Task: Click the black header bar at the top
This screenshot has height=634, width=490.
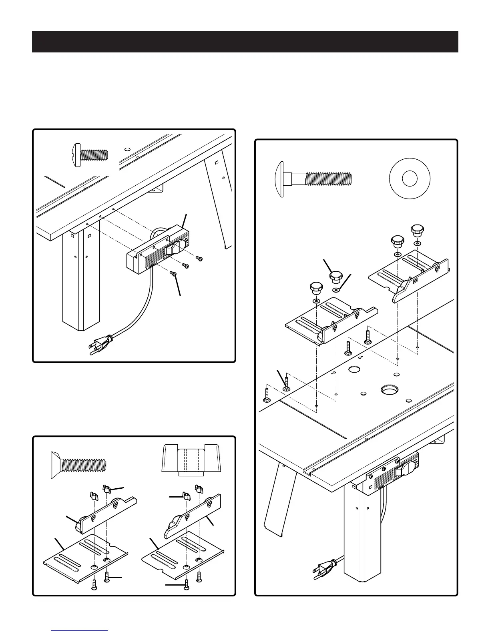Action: [x=245, y=41]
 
